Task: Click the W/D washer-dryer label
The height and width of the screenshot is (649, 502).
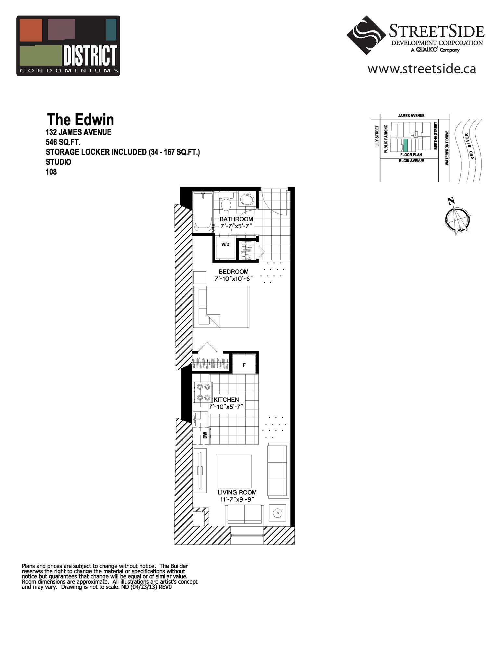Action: pos(225,245)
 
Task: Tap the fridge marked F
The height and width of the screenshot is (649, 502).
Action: pos(244,365)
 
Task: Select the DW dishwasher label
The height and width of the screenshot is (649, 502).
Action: pos(205,435)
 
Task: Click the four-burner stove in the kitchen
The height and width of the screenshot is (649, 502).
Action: pos(203,392)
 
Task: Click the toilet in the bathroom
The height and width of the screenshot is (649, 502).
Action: pos(225,202)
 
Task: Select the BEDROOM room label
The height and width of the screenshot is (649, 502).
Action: pos(233,272)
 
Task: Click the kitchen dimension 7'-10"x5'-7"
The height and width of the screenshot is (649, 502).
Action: pos(226,407)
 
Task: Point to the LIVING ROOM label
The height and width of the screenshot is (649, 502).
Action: pos(237,492)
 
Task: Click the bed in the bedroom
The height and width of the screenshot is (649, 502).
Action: pos(221,307)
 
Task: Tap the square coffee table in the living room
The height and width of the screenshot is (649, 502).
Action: pos(234,471)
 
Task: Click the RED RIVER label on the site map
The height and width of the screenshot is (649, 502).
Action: pos(470,146)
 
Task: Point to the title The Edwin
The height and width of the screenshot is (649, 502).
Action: pos(80,120)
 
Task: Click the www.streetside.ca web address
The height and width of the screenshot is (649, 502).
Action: pos(421,69)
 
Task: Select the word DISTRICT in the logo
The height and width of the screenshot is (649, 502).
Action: pos(90,55)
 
